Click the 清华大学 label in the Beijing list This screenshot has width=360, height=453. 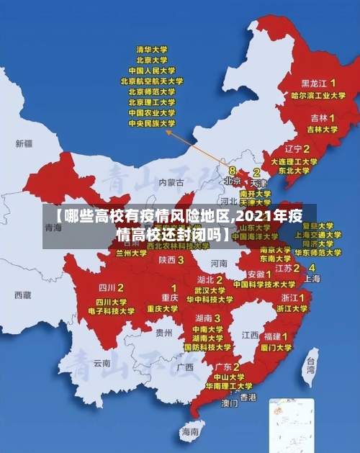click(152, 50)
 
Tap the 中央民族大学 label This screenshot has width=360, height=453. click(152, 123)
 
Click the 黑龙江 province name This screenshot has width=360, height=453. click(315, 83)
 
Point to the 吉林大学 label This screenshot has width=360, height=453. click(322, 129)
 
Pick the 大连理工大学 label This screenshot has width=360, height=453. click(293, 162)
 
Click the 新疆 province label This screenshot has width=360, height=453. click(24, 143)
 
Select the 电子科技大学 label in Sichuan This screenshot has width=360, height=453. click(112, 311)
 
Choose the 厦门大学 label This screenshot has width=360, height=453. click(277, 347)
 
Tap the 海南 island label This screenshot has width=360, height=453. click(189, 431)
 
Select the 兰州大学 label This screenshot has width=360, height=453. click(131, 254)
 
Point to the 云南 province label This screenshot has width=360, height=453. click(102, 363)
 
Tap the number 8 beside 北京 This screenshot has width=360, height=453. click(232, 170)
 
